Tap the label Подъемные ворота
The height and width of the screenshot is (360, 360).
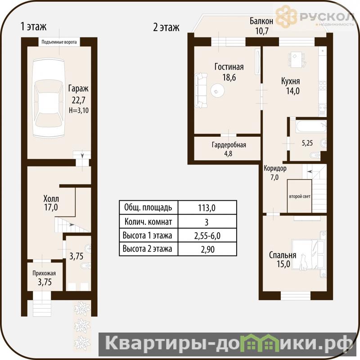coord(59,42)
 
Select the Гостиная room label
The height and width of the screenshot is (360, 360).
coord(229,67)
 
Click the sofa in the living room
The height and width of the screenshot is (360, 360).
coord(201,90)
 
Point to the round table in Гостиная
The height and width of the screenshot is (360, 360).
coord(217,90)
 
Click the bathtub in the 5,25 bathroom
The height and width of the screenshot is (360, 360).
coord(311,126)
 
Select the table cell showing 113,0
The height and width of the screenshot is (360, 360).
coord(207,208)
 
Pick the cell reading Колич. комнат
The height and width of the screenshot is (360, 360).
coord(148,222)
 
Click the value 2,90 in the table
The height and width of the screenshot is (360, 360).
coord(207,249)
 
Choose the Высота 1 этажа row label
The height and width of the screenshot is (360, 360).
coord(148,235)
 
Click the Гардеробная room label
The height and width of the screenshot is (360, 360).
coord(229,145)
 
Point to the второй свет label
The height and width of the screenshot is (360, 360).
coord(300,197)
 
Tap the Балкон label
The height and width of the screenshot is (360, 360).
coord(261,21)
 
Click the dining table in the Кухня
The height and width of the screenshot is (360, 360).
coord(297,59)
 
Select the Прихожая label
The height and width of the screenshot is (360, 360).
coord(44,273)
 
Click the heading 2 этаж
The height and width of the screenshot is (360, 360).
coord(166,27)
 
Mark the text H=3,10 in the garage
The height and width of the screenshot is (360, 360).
coord(78,110)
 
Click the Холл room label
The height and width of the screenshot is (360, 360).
coord(51,198)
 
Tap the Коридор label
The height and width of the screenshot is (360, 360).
coord(275,168)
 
